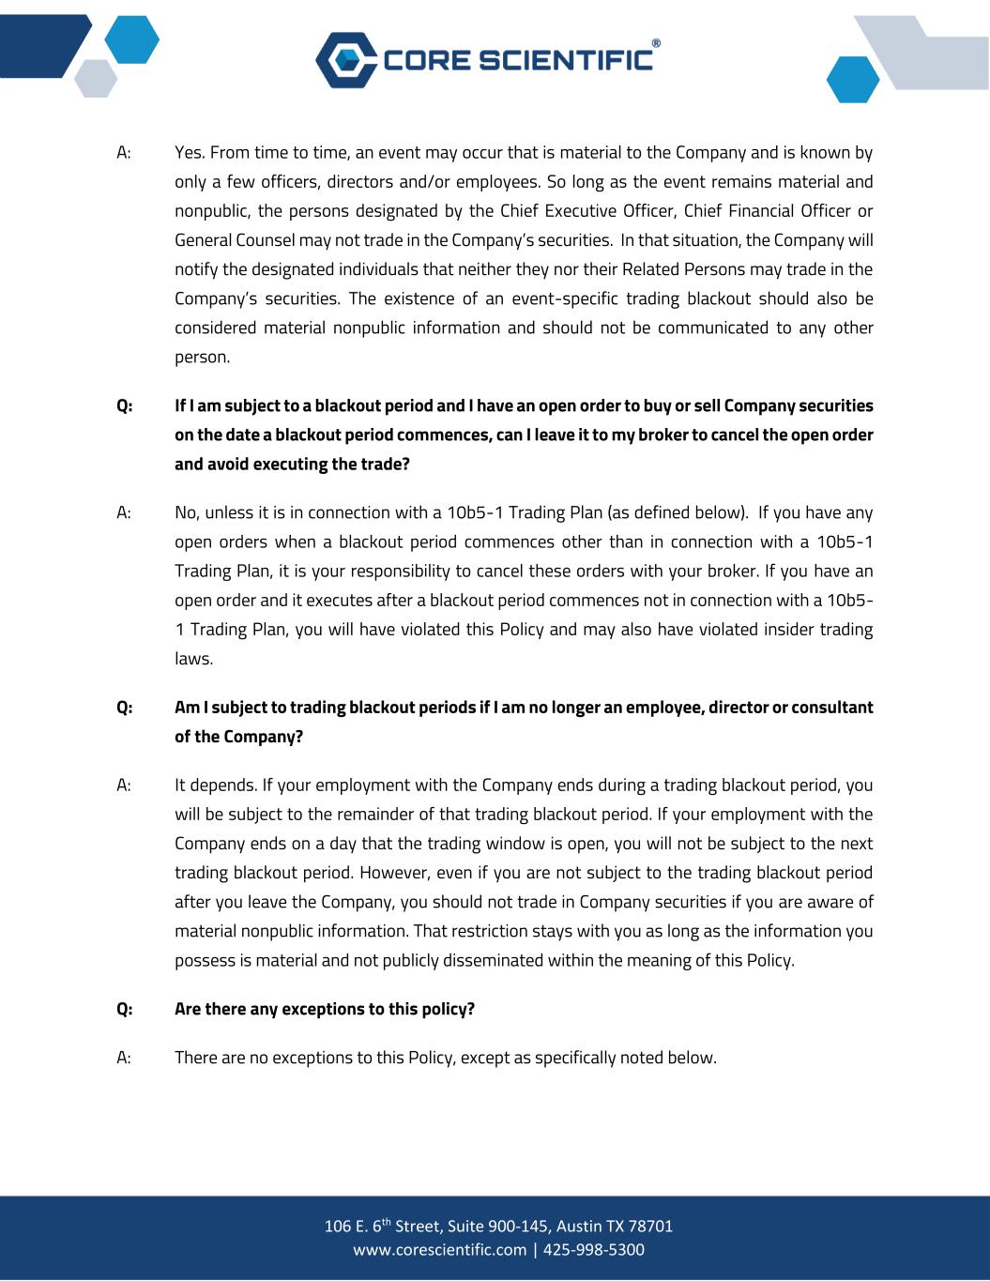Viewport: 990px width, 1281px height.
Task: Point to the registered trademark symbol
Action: tap(656, 43)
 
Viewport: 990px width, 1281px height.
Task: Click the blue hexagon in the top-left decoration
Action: tap(131, 40)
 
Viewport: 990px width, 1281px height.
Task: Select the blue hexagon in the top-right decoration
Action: tap(852, 80)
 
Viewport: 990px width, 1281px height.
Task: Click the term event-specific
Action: tap(555, 298)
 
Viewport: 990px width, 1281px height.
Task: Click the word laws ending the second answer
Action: tap(193, 659)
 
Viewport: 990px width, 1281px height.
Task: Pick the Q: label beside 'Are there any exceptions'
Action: tap(125, 1009)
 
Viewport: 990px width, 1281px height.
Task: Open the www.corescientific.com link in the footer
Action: tap(439, 1250)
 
